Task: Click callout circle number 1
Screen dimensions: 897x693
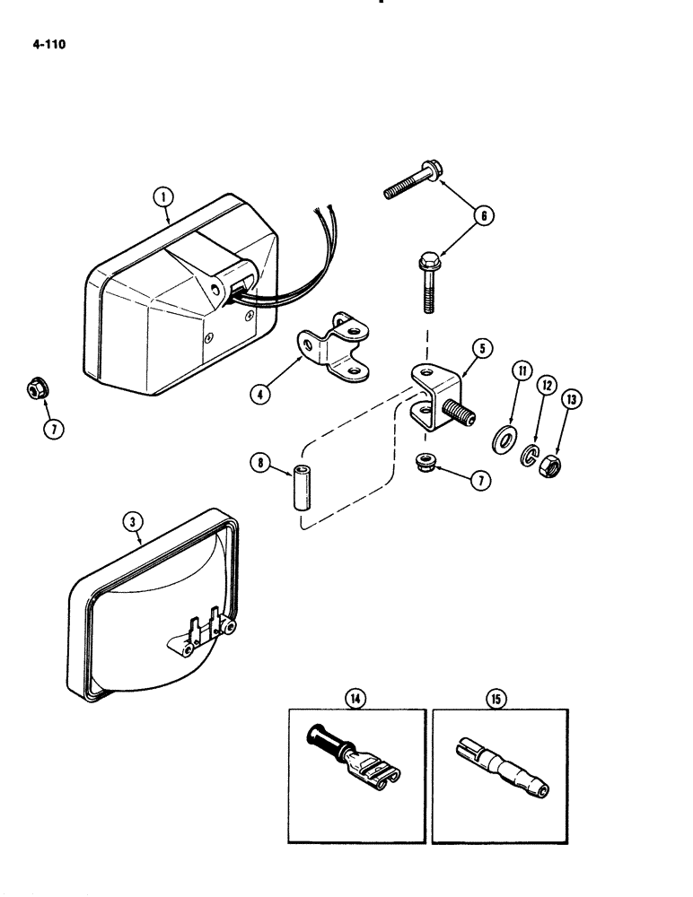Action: coord(162,194)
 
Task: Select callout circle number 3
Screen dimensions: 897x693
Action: coord(132,521)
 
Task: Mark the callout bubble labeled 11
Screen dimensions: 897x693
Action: coord(519,370)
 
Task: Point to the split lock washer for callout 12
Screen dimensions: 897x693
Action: coord(530,457)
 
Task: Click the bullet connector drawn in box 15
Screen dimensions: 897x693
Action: coord(501,762)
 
